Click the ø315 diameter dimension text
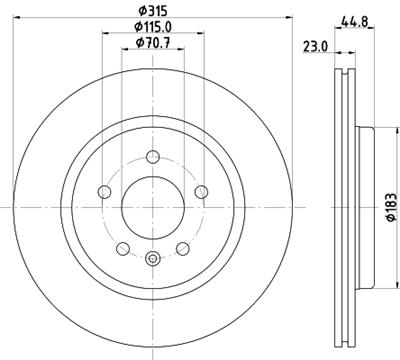[x=152, y=11]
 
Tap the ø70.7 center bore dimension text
[x=152, y=44]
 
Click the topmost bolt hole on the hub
[x=152, y=155]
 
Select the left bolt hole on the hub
[x=103, y=191]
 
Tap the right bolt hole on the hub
[x=201, y=191]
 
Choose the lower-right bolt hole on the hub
[x=183, y=249]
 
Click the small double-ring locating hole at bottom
[x=152, y=261]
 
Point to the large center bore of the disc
[x=152, y=205]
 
